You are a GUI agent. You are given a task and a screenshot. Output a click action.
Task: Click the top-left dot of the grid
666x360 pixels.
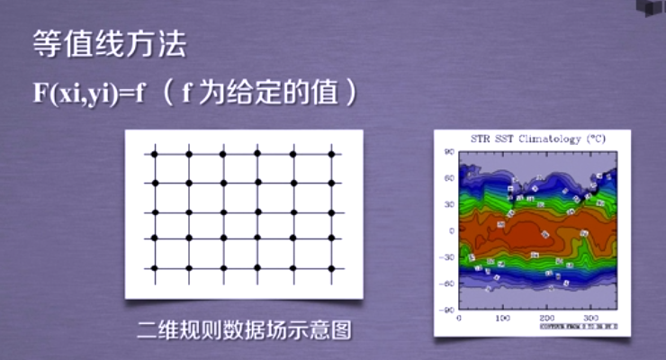click(x=154, y=155)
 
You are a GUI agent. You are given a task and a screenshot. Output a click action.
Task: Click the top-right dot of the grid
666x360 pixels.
click(x=331, y=155)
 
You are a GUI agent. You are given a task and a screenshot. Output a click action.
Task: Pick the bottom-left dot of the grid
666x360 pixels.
click(x=154, y=268)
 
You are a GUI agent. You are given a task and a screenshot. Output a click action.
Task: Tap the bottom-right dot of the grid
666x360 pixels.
click(x=331, y=268)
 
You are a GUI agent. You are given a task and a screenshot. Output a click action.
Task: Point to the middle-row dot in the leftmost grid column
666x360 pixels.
click(x=154, y=212)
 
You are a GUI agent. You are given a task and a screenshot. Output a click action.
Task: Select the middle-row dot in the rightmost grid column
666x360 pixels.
click(x=331, y=212)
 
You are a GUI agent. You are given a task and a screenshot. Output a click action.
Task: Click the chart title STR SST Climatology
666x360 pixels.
click(x=538, y=139)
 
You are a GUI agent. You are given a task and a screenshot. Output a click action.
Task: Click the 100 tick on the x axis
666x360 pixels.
click(x=502, y=318)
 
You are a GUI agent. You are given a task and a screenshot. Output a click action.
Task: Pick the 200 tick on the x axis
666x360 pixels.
click(x=546, y=318)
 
